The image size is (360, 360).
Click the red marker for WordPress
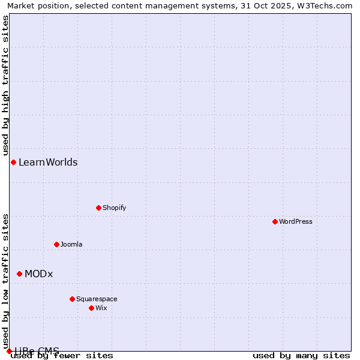(275, 221)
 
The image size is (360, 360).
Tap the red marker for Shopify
(98, 208)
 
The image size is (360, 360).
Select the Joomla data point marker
(56, 244)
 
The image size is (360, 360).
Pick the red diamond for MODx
(19, 274)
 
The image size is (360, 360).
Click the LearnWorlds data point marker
(13, 162)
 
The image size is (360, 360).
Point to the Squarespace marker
(72, 299)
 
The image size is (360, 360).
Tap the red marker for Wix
(91, 308)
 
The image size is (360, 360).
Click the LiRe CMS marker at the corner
(9, 351)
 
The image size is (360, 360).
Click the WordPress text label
(296, 221)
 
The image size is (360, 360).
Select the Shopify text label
(114, 208)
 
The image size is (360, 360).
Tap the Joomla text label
(71, 244)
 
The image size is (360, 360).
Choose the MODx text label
(39, 274)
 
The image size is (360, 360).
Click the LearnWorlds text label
(48, 162)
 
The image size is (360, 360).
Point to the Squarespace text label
(97, 299)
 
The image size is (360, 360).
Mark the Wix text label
(101, 308)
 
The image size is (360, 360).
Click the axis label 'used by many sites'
(301, 355)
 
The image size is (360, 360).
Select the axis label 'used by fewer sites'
(62, 355)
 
